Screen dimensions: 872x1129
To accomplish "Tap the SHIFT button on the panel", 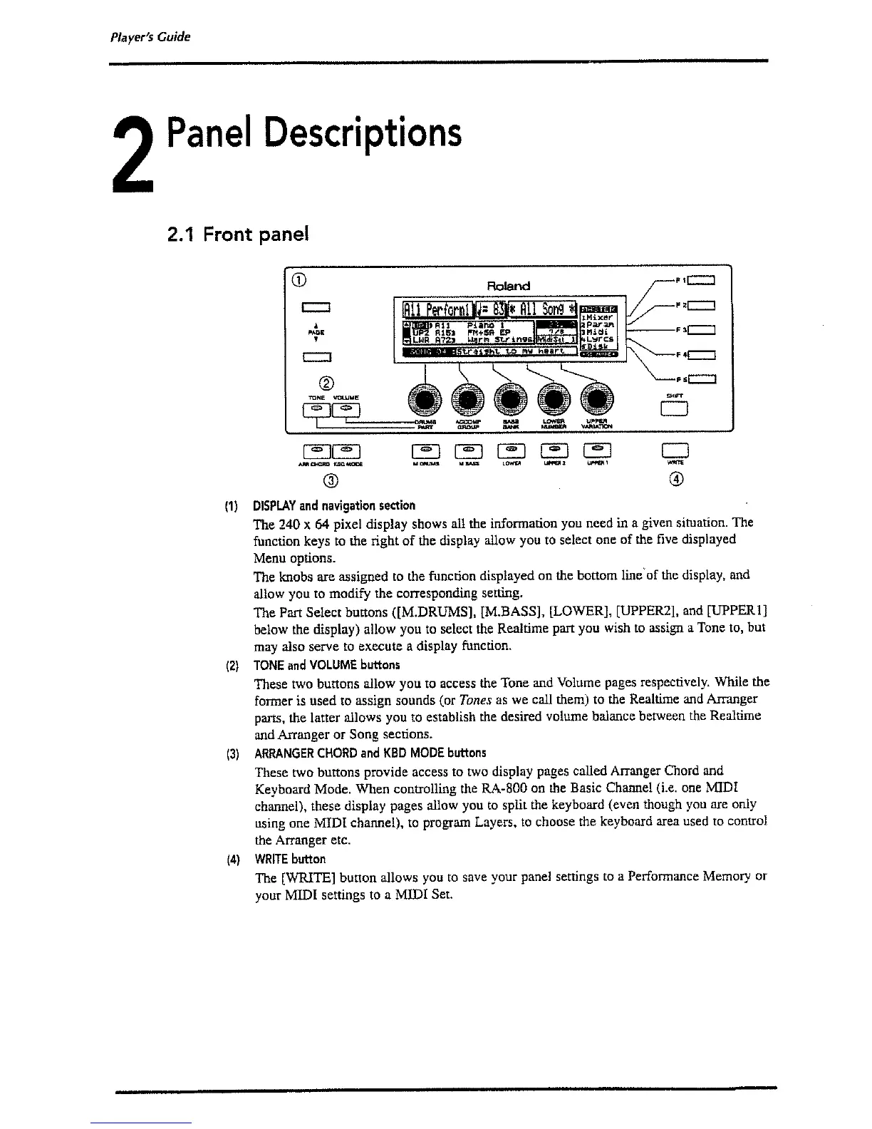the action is pos(673,409).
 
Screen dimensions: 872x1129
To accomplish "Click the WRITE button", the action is pos(673,450).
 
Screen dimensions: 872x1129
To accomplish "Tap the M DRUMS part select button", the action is pos(423,450).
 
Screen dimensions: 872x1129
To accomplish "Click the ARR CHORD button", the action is pos(314,450).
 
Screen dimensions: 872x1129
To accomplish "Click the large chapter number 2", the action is pos(133,159).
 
